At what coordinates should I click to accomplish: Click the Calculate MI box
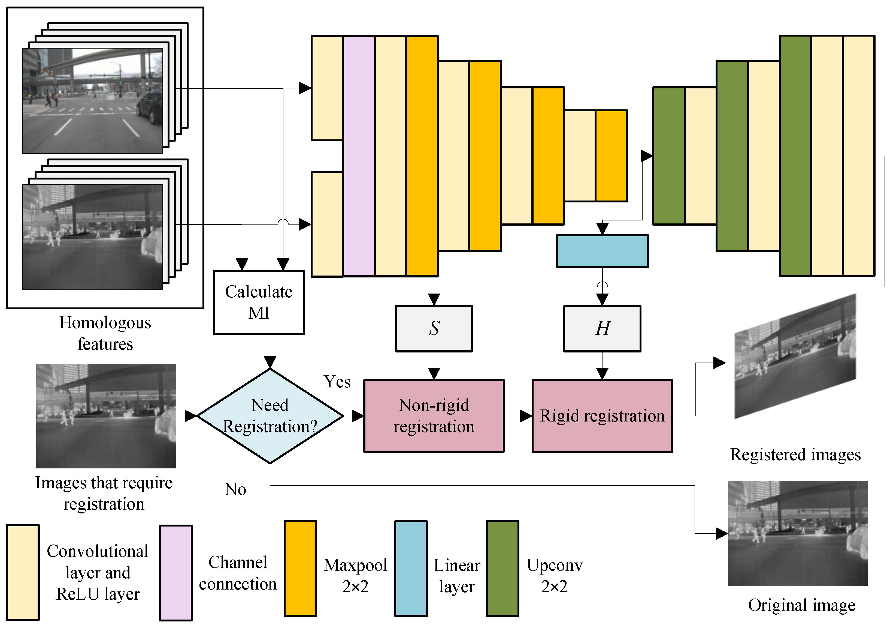259,302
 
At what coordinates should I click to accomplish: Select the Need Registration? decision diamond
270,416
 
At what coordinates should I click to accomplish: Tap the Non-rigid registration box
434,416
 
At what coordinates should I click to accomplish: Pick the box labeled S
434,329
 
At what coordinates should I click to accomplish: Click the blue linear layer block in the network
603,251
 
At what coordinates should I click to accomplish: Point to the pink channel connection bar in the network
359,156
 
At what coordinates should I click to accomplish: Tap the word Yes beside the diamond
337,382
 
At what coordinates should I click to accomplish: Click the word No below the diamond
235,489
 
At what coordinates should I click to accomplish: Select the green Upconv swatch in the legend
502,569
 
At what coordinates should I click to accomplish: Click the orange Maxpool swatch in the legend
300,569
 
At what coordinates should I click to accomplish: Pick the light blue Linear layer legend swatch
411,569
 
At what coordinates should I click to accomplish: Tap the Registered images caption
795,455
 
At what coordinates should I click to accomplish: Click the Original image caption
802,605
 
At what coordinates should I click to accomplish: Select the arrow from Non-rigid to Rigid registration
518,416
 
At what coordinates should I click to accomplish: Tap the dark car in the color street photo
150,107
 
